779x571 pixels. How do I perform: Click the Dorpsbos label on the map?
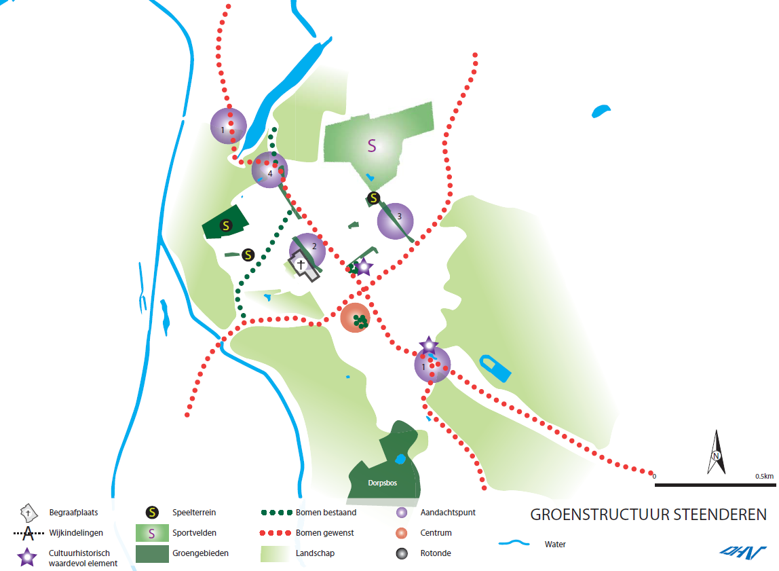point(382,483)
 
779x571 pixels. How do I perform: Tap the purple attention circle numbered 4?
point(270,170)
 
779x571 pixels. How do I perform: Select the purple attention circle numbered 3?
point(396,221)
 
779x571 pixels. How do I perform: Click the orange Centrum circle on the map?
point(355,318)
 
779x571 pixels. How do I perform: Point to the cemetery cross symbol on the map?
point(301,264)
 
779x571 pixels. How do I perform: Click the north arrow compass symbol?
point(716,452)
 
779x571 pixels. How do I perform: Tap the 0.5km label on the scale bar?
point(764,476)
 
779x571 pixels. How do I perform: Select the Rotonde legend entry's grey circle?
point(402,553)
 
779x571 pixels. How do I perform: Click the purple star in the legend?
point(27,557)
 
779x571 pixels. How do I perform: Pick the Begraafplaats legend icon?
point(28,513)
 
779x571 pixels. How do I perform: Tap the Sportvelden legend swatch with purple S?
point(152,533)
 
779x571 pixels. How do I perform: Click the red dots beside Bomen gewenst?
point(275,533)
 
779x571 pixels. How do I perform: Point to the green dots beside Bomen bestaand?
point(277,513)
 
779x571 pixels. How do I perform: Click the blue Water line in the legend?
point(514,543)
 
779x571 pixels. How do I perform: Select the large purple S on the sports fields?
point(372,145)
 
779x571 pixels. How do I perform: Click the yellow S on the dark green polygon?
point(226,225)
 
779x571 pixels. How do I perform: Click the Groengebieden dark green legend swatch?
point(152,554)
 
